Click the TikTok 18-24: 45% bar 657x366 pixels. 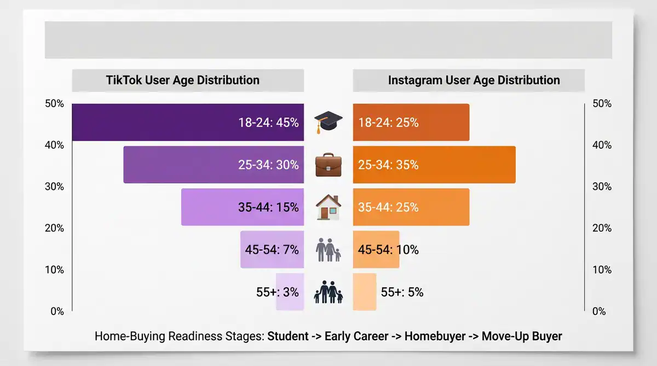[x=188, y=123]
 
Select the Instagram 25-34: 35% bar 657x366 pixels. [x=434, y=165]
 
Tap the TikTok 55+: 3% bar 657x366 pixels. [x=290, y=292]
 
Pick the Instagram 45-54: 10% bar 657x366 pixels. [x=376, y=249]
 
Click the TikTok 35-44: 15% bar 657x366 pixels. [x=242, y=207]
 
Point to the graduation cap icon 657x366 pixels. [x=328, y=123]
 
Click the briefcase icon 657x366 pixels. [x=328, y=165]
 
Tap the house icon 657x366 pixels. [x=328, y=207]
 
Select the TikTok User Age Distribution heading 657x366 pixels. [x=182, y=80]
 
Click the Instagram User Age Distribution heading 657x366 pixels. [x=474, y=80]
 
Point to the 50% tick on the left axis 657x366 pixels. [x=54, y=103]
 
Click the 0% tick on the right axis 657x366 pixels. [x=600, y=311]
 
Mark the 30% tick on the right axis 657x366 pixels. [x=602, y=187]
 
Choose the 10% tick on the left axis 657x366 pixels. [x=54, y=270]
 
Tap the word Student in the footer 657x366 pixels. [x=287, y=336]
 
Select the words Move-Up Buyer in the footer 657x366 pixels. [x=522, y=336]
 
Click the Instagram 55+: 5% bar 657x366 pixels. [x=365, y=292]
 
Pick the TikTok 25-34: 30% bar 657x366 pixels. [x=214, y=165]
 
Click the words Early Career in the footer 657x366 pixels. [x=356, y=336]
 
